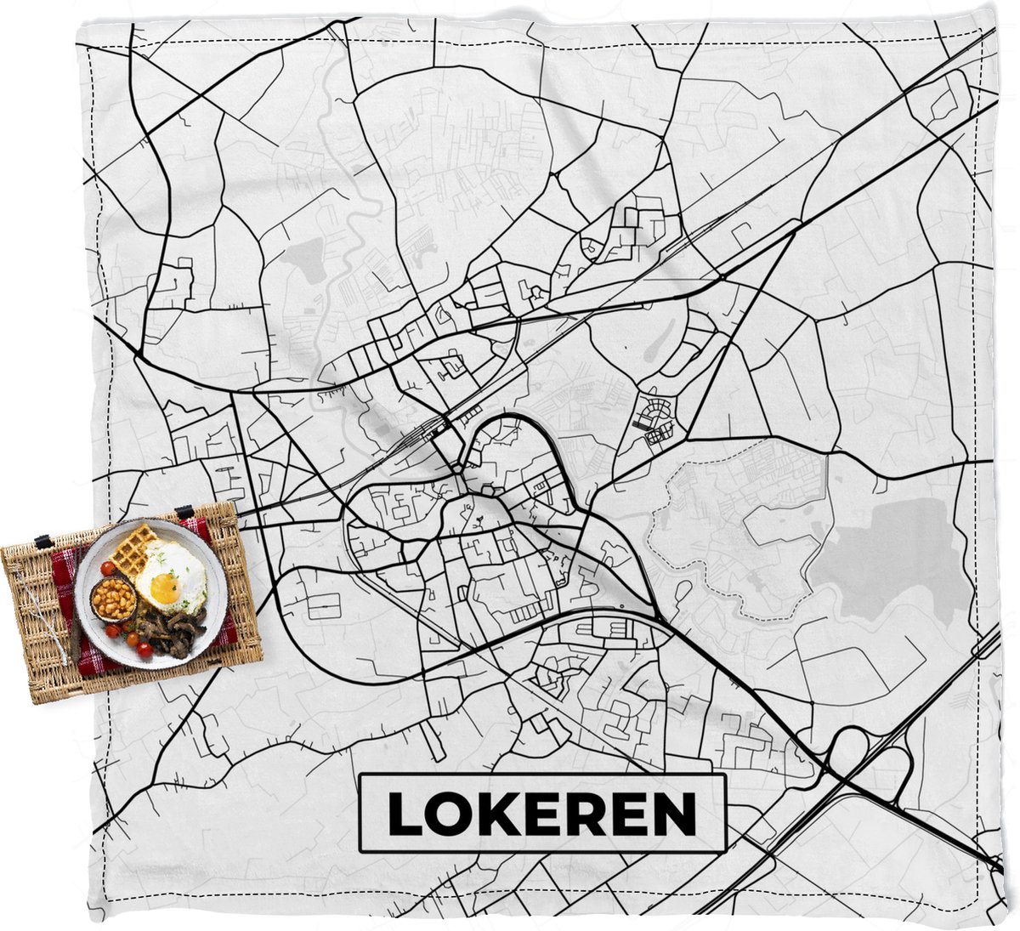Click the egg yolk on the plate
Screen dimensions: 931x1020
click(x=165, y=586)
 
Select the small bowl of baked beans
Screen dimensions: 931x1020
click(x=114, y=600)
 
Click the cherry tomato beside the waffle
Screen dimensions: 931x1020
click(x=108, y=568)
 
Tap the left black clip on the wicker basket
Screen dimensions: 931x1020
click(x=42, y=541)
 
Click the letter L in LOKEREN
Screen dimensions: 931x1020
click(x=404, y=814)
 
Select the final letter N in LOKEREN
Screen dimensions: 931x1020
click(x=674, y=814)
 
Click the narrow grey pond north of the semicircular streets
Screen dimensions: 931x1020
click(x=657, y=340)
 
